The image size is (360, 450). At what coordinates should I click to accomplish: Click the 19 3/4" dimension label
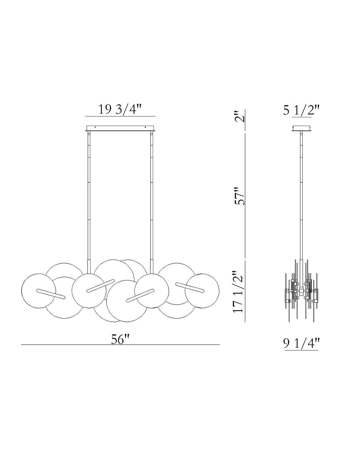coord(120,110)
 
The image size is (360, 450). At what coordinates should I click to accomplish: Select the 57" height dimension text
coord(240,196)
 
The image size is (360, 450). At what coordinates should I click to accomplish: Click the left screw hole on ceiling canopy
coord(95,127)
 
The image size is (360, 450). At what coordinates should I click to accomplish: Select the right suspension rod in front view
coord(151,195)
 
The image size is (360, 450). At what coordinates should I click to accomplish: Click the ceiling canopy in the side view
coord(301,128)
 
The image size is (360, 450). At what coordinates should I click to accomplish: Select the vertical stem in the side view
coord(301,195)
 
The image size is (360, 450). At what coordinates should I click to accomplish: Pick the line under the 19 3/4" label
coord(120,116)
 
